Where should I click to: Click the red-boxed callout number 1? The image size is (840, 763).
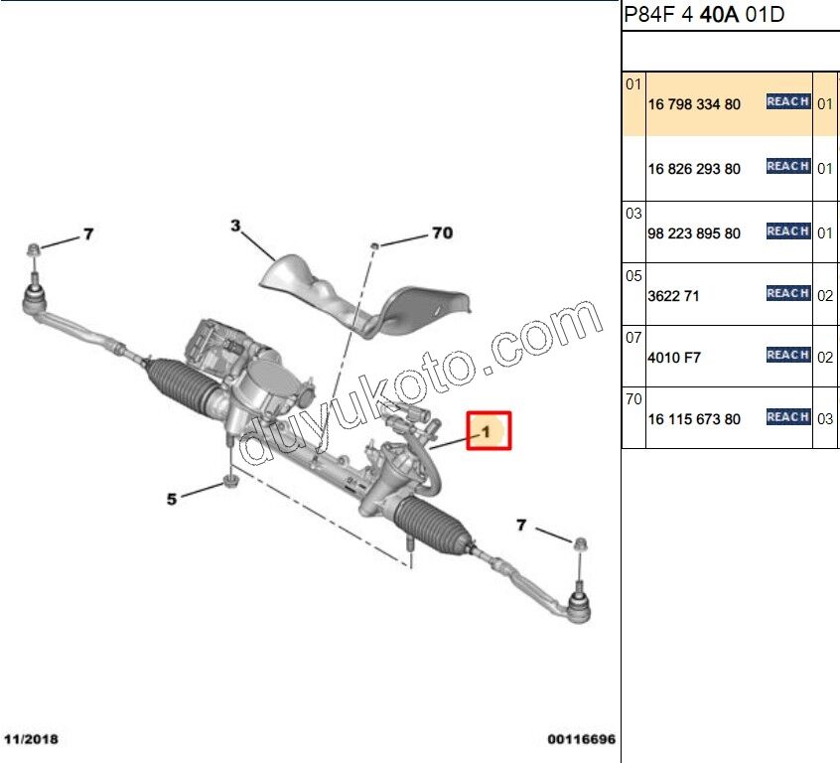click(488, 431)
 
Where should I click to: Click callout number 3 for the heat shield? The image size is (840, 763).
click(235, 227)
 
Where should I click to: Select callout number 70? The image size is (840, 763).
click(442, 233)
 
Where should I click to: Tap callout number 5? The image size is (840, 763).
click(171, 499)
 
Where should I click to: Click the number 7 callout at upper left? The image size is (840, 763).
click(87, 234)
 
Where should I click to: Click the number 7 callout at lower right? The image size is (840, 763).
click(520, 525)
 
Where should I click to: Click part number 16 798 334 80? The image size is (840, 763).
click(694, 104)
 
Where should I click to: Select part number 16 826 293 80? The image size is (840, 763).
click(694, 169)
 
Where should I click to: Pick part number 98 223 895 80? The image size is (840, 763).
click(694, 233)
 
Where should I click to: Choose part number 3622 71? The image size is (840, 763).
click(674, 296)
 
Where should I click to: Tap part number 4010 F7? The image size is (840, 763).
click(674, 358)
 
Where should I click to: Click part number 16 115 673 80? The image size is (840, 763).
click(694, 419)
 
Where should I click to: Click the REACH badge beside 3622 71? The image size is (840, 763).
click(788, 293)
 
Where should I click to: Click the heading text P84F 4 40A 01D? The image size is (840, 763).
click(703, 15)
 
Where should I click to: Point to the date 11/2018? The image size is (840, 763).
click(33, 740)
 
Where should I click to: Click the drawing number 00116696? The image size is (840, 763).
click(581, 740)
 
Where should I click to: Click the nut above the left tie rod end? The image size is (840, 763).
click(33, 247)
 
